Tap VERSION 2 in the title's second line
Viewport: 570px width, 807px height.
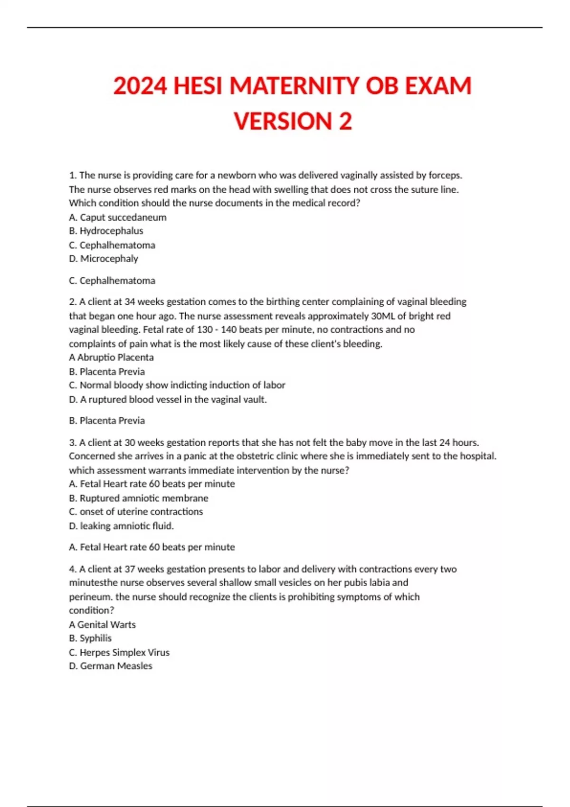(x=293, y=122)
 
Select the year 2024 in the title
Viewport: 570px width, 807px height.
(x=140, y=86)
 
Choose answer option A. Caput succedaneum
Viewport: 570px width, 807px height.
(x=118, y=217)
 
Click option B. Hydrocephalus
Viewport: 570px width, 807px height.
(x=106, y=231)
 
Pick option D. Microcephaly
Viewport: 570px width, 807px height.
(x=104, y=259)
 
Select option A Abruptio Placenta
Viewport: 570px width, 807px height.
(x=111, y=357)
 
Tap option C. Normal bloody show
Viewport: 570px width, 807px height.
(x=177, y=385)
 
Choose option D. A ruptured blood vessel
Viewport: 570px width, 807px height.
(x=168, y=400)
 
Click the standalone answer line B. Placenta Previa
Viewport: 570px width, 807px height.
(x=107, y=421)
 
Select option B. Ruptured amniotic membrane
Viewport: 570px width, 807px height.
(x=139, y=498)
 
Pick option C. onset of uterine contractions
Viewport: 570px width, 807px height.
(x=136, y=512)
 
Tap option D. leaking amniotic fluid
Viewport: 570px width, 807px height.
(x=122, y=526)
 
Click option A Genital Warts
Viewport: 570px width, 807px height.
(x=102, y=625)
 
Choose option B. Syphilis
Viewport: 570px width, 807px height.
(x=90, y=638)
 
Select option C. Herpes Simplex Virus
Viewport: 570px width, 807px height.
(x=119, y=653)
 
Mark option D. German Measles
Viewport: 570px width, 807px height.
(x=111, y=666)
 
